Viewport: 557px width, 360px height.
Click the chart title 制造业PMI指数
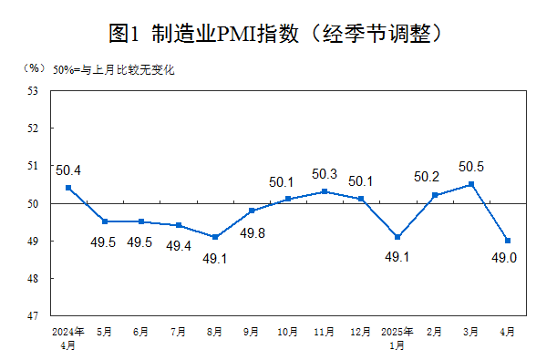(x=278, y=35)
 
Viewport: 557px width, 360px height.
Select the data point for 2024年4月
(x=68, y=188)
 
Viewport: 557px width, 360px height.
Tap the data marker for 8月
(x=214, y=237)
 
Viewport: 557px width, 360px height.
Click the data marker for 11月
(x=325, y=191)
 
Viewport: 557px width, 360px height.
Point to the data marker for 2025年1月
(x=397, y=237)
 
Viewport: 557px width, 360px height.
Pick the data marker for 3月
(x=471, y=184)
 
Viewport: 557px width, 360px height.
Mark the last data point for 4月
(x=508, y=241)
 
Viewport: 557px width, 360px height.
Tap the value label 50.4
(x=68, y=170)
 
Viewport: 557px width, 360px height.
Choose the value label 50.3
(x=325, y=174)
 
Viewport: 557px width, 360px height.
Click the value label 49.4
(x=179, y=245)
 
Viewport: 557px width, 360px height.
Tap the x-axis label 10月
(x=287, y=333)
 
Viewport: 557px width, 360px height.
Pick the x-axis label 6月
(x=141, y=333)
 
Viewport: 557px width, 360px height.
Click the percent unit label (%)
(x=34, y=68)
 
